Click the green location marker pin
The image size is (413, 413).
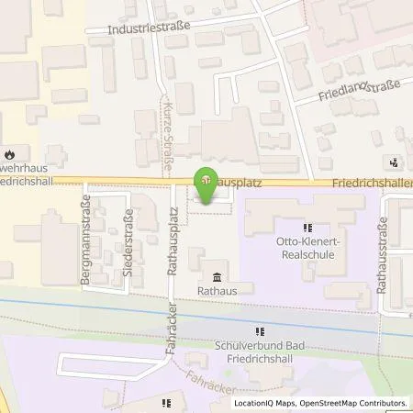[206, 180]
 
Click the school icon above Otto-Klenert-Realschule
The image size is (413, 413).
[307, 228]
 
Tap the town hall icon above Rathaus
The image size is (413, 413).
[217, 278]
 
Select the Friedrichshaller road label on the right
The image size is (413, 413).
[376, 183]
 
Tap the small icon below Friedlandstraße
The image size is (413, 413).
[394, 162]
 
